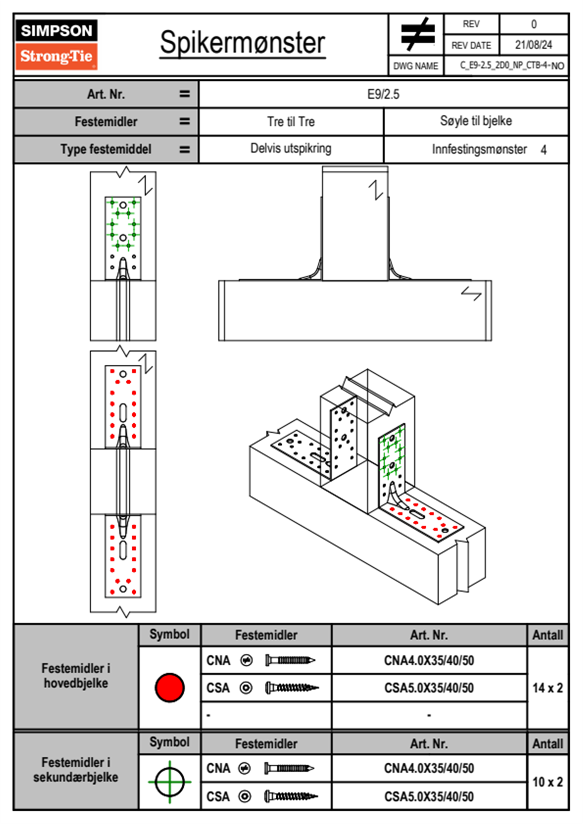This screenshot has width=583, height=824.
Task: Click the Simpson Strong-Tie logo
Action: (56, 44)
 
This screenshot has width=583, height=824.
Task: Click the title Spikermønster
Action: (242, 43)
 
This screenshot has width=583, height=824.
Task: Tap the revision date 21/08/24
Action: (533, 45)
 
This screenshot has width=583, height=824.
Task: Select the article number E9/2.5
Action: (383, 94)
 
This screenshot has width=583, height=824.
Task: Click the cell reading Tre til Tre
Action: (291, 121)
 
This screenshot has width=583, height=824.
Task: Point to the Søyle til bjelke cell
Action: (476, 121)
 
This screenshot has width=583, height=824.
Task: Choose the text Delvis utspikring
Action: (291, 148)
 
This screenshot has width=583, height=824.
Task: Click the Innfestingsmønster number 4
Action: (543, 150)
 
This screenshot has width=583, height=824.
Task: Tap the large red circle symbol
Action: (170, 687)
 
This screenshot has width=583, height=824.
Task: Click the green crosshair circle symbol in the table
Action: (170, 782)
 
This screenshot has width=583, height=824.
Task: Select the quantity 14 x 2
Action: (547, 688)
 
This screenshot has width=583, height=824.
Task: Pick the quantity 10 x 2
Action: (547, 782)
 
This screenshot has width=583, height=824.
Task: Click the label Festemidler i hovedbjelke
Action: (76, 676)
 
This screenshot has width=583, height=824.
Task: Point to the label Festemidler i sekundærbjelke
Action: (76, 770)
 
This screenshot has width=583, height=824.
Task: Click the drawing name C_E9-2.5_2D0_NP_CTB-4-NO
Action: (511, 66)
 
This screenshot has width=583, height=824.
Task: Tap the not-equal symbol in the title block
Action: (417, 34)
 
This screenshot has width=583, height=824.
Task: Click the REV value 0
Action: (534, 24)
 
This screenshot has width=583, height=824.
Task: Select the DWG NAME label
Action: (415, 66)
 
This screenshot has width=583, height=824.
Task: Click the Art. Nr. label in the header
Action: (106, 94)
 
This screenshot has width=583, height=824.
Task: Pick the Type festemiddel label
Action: (106, 149)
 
